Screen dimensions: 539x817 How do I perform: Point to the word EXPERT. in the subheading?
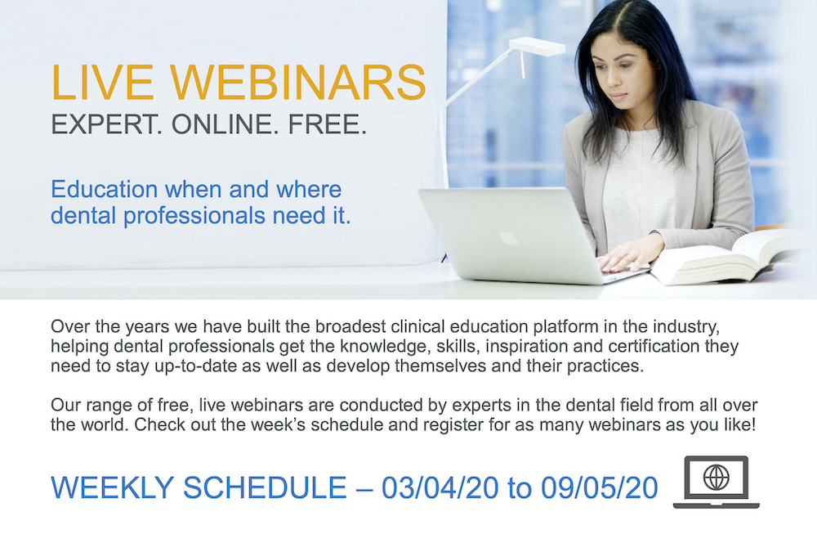103,126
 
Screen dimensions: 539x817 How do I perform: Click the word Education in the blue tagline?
104,190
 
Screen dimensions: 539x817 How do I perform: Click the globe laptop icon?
716,482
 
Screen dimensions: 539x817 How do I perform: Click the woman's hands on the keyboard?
621,259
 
